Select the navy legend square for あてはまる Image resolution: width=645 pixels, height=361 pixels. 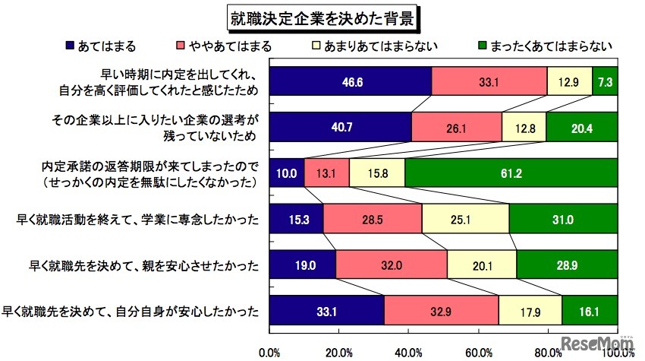71,46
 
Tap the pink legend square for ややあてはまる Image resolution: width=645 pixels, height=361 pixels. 180,46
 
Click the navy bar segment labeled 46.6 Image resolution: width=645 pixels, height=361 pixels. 351,81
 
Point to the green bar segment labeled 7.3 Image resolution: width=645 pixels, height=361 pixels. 604,81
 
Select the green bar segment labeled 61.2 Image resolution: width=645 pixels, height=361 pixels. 511,173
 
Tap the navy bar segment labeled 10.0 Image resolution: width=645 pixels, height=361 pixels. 287,173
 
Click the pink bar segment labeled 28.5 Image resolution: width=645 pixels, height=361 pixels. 372,219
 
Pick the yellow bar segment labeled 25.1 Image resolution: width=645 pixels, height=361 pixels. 464,219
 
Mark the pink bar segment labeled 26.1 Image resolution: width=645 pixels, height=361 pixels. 456,127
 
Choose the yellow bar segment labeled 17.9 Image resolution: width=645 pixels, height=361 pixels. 530,310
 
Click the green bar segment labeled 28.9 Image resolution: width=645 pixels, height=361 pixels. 566,264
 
